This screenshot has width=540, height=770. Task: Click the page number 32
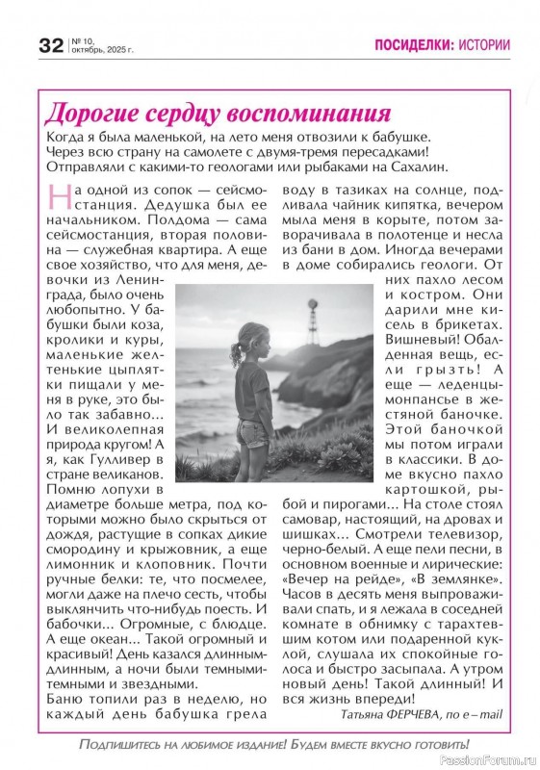click(50, 45)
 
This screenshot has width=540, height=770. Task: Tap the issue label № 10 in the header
click(80, 39)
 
